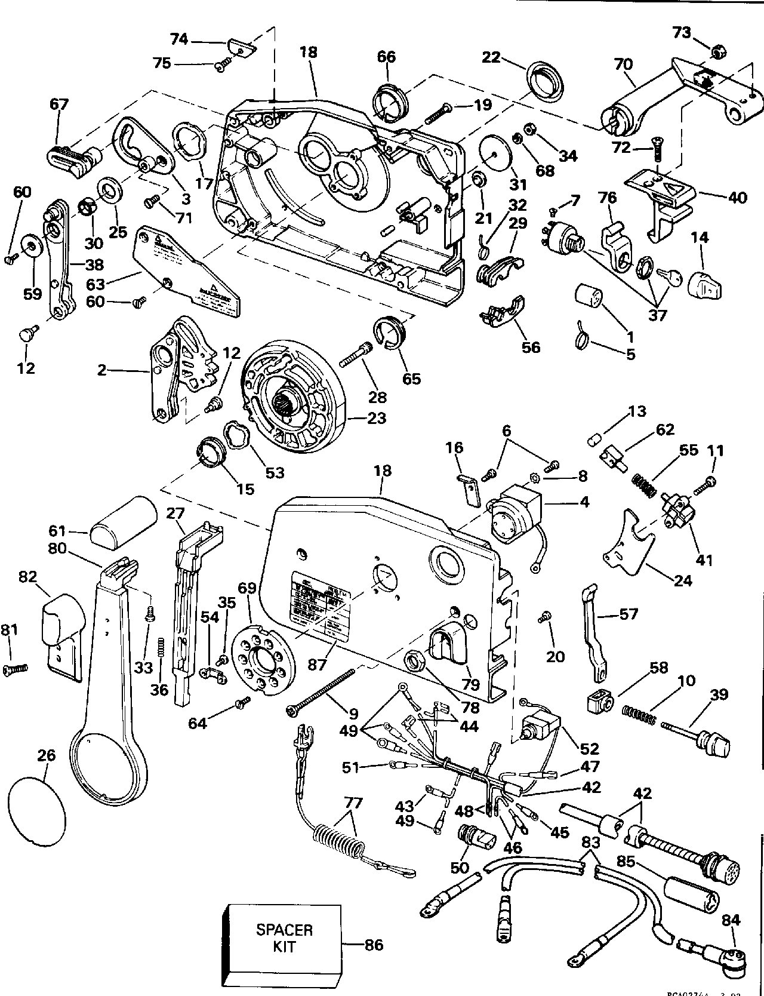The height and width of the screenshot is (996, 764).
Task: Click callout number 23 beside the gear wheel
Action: pos(377,417)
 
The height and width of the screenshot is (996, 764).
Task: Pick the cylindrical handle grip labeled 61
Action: pos(123,520)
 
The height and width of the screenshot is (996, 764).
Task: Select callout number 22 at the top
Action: pos(491,58)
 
